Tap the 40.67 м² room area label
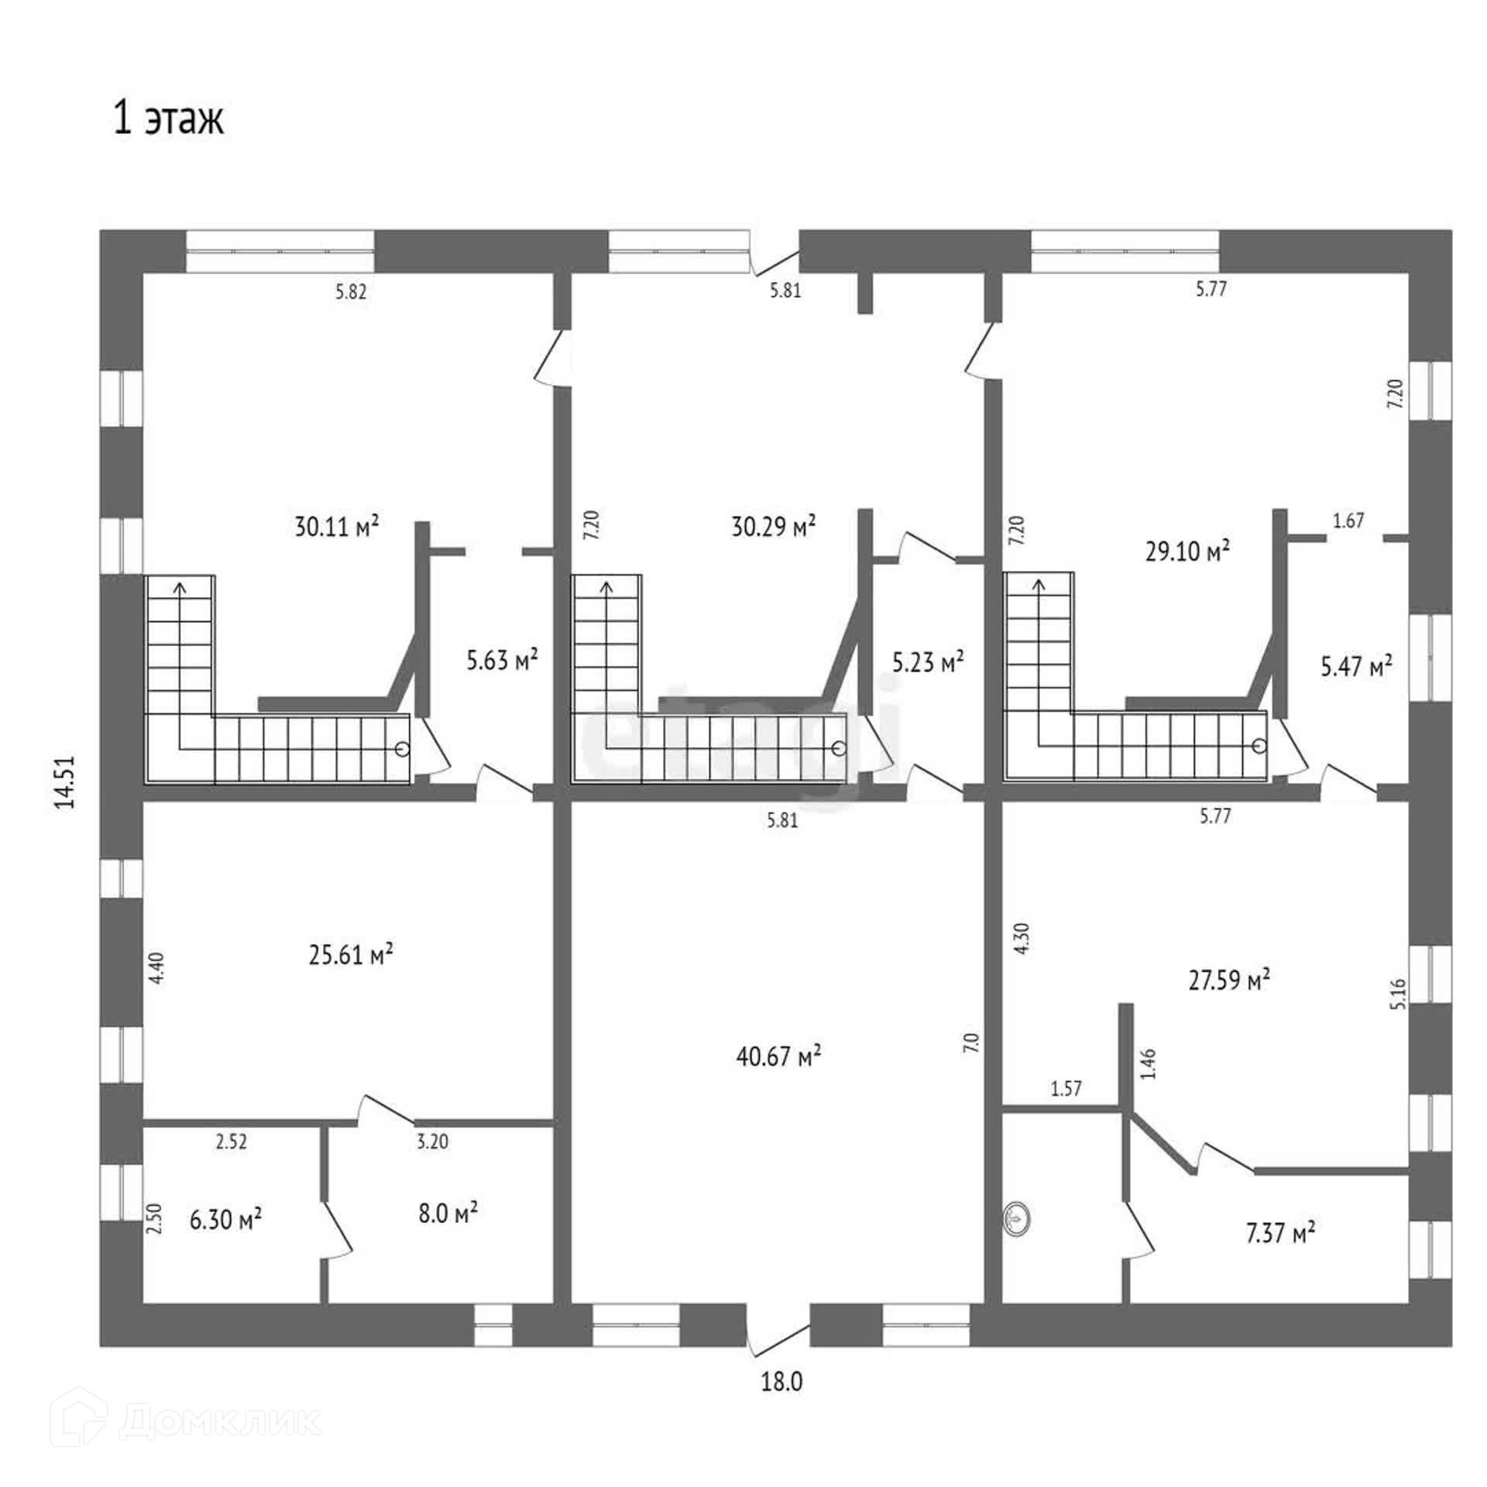[x=778, y=1056]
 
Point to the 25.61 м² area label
[x=351, y=954]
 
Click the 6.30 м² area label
[x=225, y=1219]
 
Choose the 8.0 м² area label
[x=448, y=1212]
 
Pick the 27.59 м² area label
[x=1229, y=980]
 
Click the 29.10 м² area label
[x=1187, y=551]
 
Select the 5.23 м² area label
[x=928, y=662]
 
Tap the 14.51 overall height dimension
[x=65, y=782]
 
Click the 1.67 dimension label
[x=1348, y=521]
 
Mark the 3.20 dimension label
[x=432, y=1142]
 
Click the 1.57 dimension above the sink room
[x=1066, y=1088]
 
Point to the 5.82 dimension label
[x=350, y=293]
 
